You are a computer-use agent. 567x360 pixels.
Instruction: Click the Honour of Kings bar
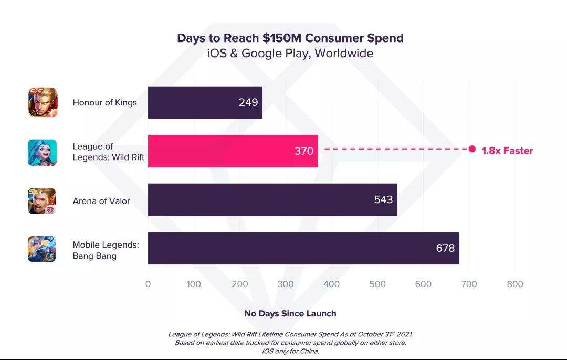click(205, 102)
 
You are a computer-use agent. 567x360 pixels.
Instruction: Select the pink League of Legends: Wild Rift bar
click(233, 151)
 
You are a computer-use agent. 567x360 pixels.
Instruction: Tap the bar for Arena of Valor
click(272, 200)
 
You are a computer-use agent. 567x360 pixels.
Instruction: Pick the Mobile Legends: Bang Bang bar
click(303, 248)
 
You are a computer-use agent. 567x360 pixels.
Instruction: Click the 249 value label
click(248, 102)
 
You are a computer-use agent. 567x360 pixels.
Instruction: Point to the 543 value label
click(383, 200)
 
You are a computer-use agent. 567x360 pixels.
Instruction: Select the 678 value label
click(445, 248)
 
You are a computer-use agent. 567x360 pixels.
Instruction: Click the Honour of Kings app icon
click(42, 102)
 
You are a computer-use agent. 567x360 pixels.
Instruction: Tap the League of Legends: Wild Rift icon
click(42, 152)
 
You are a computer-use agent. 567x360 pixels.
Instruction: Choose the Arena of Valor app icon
click(42, 201)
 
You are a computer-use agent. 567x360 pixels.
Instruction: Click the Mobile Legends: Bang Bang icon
click(42, 249)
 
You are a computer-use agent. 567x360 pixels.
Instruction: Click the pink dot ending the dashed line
click(472, 150)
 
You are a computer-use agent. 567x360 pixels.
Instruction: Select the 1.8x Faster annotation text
click(507, 151)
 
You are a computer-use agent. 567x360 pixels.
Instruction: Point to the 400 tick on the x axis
click(331, 284)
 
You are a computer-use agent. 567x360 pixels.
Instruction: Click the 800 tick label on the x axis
click(515, 284)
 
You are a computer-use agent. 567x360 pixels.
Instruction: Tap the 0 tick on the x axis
click(148, 284)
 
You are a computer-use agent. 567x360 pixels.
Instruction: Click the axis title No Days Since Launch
click(290, 313)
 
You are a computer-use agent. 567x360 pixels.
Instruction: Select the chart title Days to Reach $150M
click(290, 38)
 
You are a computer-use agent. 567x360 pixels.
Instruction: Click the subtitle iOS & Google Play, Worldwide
click(290, 54)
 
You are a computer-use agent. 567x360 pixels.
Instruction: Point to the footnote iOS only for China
click(290, 352)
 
